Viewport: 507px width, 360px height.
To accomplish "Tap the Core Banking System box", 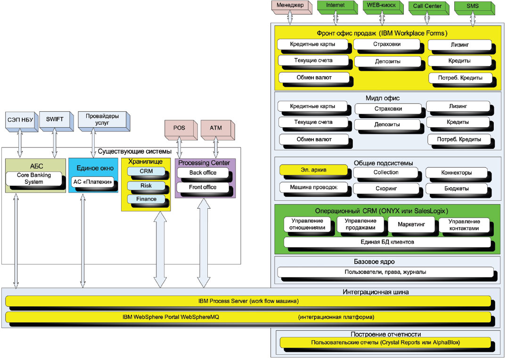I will (x=34, y=179).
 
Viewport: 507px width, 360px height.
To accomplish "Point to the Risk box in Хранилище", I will (x=146, y=186).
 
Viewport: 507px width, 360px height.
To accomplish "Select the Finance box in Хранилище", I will (x=146, y=200).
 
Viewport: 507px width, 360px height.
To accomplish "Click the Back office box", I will (x=203, y=173).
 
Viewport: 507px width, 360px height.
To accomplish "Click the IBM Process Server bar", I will (x=248, y=301).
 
